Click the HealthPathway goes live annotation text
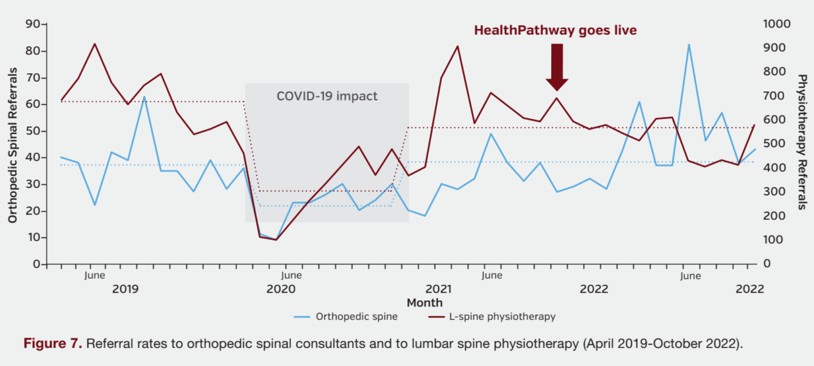555,30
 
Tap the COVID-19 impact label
327,96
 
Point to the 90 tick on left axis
33,24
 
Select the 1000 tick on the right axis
777,24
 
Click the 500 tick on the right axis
774,143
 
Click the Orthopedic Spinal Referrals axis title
13,145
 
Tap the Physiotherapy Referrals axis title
802,142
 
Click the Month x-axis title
425,303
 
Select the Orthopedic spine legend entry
356,317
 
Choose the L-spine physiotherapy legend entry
502,317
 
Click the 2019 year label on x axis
125,289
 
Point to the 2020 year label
281,289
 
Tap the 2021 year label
438,289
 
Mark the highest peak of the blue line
689,45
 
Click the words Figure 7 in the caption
53,344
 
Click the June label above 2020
291,275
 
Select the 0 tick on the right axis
768,263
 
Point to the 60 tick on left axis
33,104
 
